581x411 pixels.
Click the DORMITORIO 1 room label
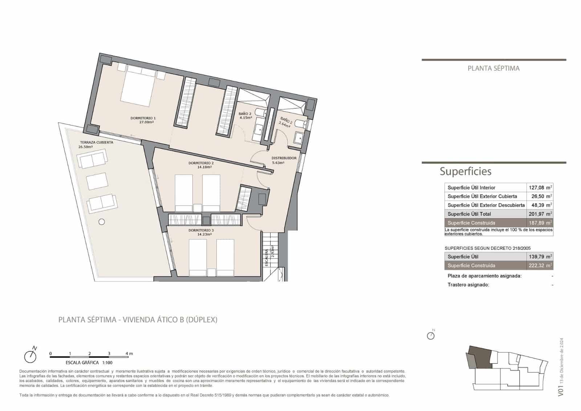click(143, 118)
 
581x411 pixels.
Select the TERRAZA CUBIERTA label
click(96, 143)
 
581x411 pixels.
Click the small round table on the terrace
click(102, 222)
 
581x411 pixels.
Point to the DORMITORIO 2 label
click(201, 163)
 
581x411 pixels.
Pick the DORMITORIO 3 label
click(201, 230)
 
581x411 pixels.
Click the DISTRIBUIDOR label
click(284, 158)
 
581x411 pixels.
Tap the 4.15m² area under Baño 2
click(245, 118)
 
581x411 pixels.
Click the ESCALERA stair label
click(266, 258)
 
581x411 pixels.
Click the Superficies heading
click(465, 171)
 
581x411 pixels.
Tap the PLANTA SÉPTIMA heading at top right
click(493, 68)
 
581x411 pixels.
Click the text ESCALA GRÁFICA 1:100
click(89, 363)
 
